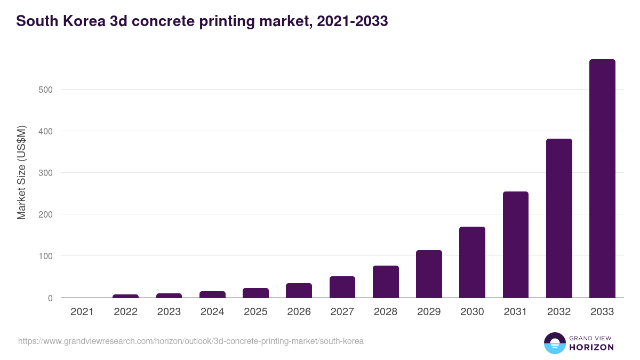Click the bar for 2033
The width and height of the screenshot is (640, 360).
coord(602,179)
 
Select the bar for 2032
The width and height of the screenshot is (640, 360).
coord(559,218)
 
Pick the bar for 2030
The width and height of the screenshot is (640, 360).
coord(472,262)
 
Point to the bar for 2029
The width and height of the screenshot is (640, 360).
coord(429,274)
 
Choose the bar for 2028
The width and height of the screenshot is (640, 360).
coord(386,282)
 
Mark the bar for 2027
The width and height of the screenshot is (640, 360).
coord(342,287)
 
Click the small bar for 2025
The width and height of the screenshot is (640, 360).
coord(255,293)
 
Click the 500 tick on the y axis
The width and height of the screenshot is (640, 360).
coord(45,90)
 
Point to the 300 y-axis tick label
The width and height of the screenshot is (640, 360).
coord(45,173)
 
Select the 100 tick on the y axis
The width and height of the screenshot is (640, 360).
coord(45,256)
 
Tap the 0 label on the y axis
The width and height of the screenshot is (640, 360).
coord(50,298)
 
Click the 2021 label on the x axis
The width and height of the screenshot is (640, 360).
coord(82,312)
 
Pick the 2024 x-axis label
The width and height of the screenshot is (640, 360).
coord(212,312)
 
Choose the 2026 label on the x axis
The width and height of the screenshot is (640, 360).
coord(299,312)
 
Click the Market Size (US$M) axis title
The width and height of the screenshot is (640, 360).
coord(21,173)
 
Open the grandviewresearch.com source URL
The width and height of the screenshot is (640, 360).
coord(191,341)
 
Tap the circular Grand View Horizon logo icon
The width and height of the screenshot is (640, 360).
coord(554,343)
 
